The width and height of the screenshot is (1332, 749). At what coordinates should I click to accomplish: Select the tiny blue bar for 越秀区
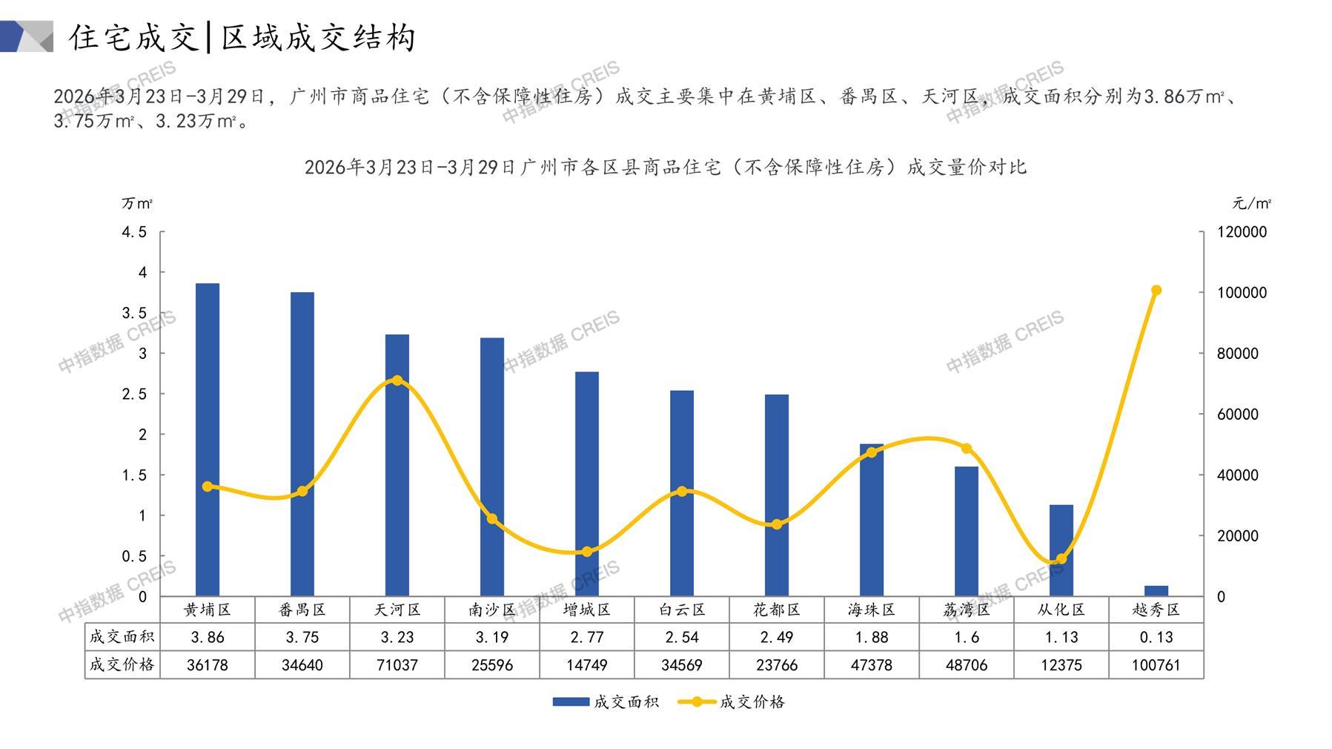click(1156, 591)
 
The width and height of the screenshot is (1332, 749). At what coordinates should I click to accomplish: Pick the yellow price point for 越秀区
click(1156, 291)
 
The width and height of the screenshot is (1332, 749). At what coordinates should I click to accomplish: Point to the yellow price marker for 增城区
click(587, 552)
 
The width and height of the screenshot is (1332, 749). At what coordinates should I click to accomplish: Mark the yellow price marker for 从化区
click(1061, 559)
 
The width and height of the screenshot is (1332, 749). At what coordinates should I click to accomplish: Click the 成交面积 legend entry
click(606, 702)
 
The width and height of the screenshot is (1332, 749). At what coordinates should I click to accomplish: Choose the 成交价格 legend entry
click(732, 702)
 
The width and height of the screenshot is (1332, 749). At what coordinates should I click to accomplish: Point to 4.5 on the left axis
click(134, 232)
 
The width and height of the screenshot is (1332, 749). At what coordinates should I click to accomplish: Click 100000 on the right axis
click(1242, 293)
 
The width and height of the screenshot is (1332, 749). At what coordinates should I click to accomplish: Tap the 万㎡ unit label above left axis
click(137, 203)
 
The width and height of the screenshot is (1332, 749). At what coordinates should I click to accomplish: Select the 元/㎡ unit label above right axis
click(1252, 203)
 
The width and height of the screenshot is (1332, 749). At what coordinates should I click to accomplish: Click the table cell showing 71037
click(397, 665)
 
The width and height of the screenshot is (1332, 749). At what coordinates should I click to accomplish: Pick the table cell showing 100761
click(1156, 665)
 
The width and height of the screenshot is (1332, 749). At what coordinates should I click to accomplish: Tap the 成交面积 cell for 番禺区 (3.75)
click(302, 637)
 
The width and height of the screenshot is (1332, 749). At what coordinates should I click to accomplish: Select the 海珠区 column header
click(872, 610)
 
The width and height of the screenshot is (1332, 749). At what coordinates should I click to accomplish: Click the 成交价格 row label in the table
click(122, 664)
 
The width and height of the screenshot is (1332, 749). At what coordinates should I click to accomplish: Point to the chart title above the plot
click(665, 168)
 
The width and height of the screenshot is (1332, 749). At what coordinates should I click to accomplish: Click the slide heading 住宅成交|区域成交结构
click(242, 38)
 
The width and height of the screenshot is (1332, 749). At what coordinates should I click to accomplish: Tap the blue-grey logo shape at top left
click(27, 36)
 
